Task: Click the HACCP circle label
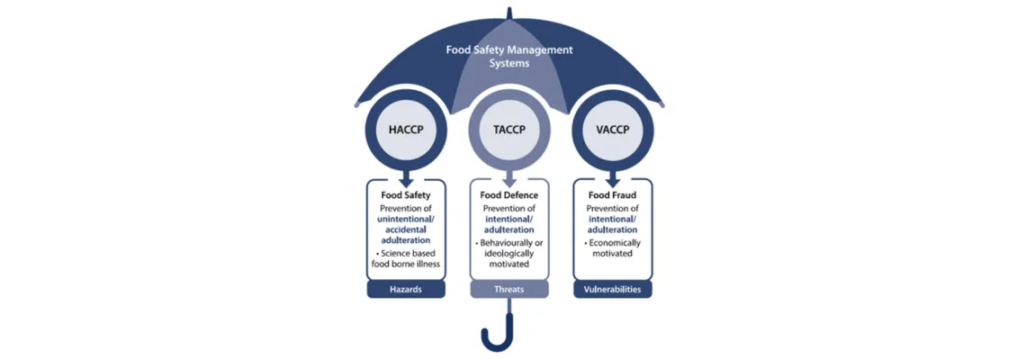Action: (x=406, y=130)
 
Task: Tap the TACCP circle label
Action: (x=509, y=130)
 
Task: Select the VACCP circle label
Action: (x=613, y=130)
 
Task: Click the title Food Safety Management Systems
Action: (x=509, y=57)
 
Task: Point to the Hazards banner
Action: (x=406, y=289)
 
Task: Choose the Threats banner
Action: (x=509, y=289)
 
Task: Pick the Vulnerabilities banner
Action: (x=613, y=289)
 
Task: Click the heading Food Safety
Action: (x=406, y=194)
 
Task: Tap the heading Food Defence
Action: (x=509, y=194)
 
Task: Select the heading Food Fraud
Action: (x=613, y=194)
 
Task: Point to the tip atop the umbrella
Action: (x=509, y=12)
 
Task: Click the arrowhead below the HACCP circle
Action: (x=406, y=179)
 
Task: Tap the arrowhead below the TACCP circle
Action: (x=509, y=179)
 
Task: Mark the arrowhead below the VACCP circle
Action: (x=613, y=179)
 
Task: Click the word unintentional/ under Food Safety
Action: (x=406, y=220)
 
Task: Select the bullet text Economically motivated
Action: (x=613, y=247)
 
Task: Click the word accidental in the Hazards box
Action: (x=406, y=229)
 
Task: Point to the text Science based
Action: (x=406, y=253)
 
